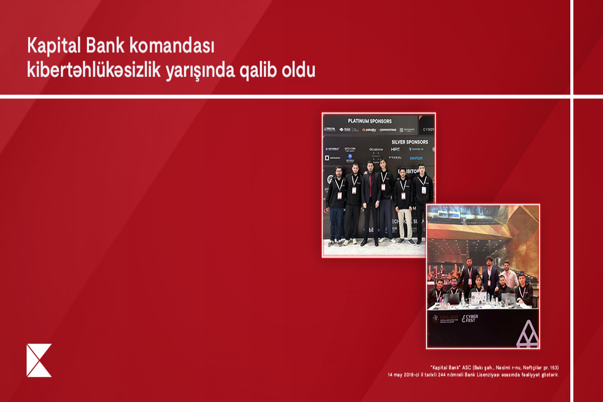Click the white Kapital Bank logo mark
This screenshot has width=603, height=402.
click(x=39, y=360)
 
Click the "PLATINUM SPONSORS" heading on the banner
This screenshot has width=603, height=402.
click(x=370, y=121)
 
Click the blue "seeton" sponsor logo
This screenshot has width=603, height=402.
click(x=416, y=158)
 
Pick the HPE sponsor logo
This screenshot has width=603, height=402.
click(x=395, y=149)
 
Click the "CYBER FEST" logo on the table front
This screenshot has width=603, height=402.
click(x=470, y=318)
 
